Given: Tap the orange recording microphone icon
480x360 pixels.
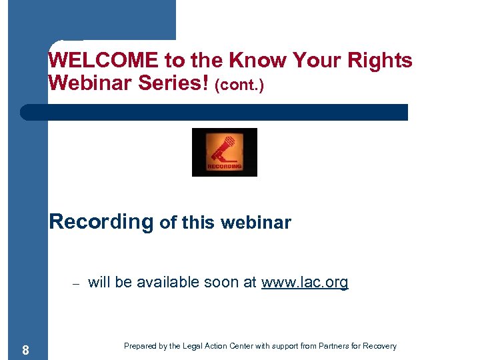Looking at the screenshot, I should coord(224,152).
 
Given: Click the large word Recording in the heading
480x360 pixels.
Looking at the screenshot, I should coord(101,221).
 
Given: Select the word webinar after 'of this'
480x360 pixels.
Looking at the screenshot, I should coord(257,223).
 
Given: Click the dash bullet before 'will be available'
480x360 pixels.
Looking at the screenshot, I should coord(75,283).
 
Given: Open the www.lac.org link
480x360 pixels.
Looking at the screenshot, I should coord(305,283).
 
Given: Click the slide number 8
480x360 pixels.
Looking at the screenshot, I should coord(25,350).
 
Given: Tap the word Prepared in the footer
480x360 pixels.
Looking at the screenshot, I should coord(141,346).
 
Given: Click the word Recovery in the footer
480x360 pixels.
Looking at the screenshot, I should coord(381,346).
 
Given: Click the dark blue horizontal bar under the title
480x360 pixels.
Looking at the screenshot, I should coord(213,112).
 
